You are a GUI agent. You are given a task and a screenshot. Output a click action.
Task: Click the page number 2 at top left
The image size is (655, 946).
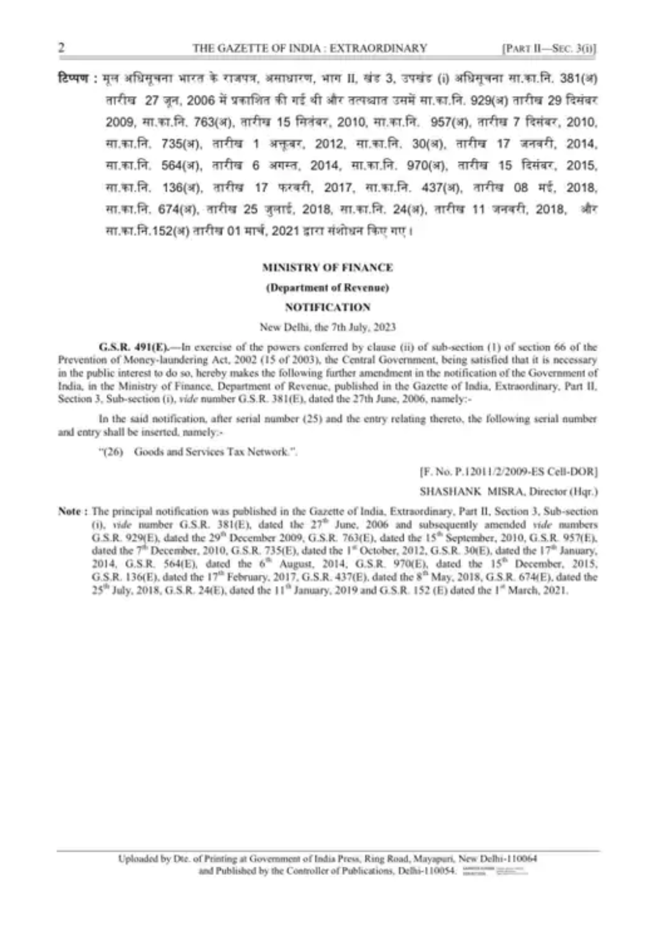pos(61,48)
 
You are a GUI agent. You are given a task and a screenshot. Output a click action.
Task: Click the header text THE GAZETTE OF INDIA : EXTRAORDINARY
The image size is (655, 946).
pos(310,49)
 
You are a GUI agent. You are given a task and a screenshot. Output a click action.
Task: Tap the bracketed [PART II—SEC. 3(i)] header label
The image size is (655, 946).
pos(550,49)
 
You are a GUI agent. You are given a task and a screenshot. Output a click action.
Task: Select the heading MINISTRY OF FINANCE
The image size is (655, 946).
pos(327,267)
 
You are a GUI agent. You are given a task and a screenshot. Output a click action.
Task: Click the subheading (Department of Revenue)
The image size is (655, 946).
pos(327,287)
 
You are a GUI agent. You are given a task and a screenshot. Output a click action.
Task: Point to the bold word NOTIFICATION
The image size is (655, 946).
pos(327,307)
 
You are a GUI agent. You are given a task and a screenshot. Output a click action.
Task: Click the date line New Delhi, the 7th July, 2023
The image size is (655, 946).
pos(327,327)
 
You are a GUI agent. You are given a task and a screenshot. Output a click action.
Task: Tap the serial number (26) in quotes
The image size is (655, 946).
pos(113,452)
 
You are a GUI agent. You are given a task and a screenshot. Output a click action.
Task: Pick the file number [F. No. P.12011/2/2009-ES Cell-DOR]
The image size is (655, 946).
pos(508,471)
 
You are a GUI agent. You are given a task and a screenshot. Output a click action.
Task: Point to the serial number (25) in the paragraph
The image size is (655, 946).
pos(312,419)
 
